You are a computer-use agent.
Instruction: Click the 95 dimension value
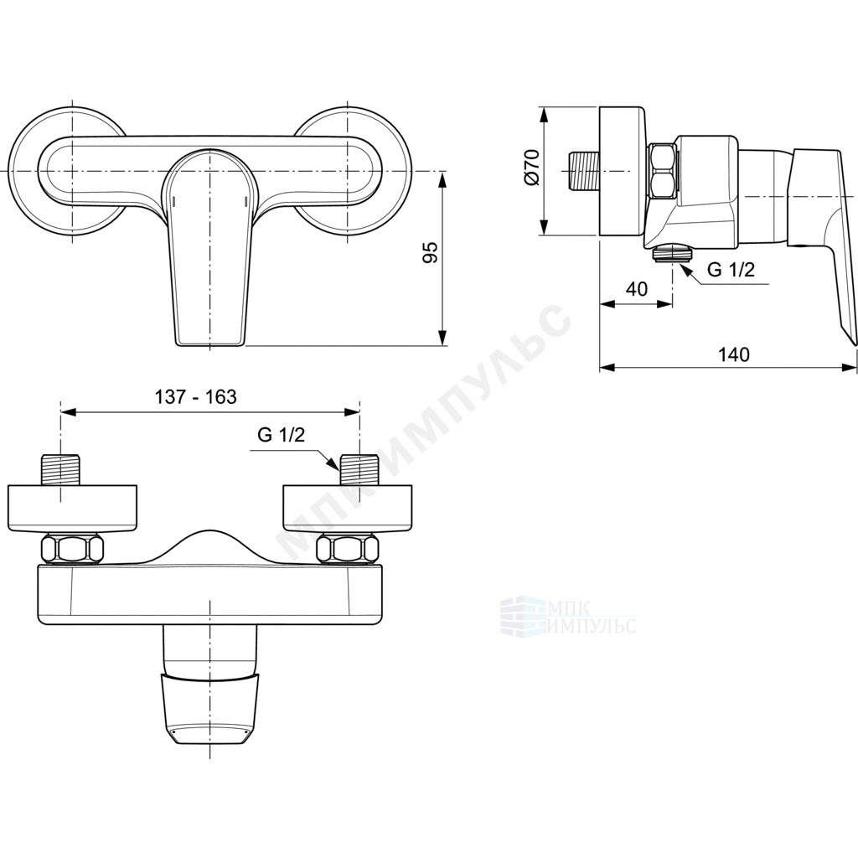point(432,252)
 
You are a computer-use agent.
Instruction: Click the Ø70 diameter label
point(532,168)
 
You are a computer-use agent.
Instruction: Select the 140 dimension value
point(734,354)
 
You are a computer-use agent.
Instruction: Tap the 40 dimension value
point(636,288)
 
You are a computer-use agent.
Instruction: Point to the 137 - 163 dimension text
point(195,396)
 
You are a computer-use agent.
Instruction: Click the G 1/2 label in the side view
point(731,269)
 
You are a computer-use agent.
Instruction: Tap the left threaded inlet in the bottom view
point(60,469)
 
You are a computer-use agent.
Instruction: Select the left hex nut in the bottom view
point(72,548)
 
